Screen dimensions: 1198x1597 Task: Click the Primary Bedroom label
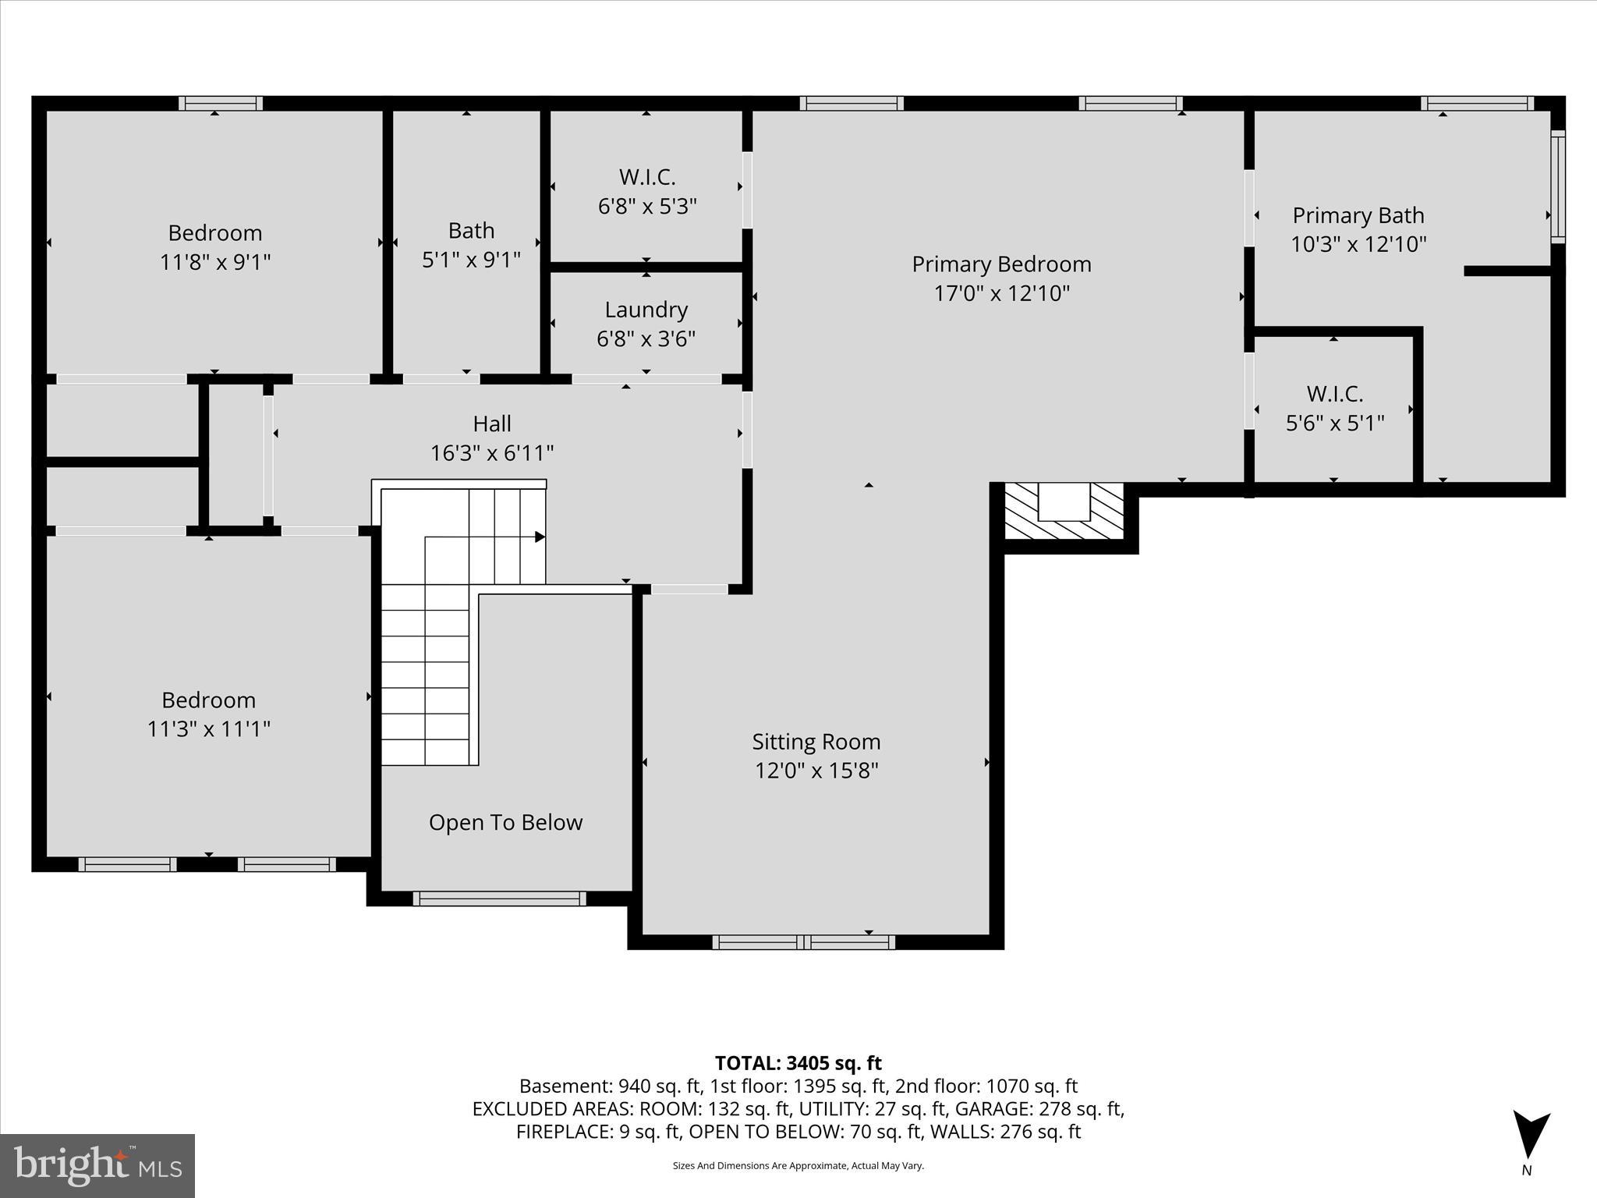click(x=1001, y=264)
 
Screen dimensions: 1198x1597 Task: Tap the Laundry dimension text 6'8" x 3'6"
click(x=646, y=339)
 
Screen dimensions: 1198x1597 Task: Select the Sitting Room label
click(x=816, y=742)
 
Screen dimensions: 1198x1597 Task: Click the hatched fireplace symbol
click(x=1064, y=512)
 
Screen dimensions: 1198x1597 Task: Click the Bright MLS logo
click(x=97, y=1165)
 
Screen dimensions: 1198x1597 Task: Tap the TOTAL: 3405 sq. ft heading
click(x=798, y=1063)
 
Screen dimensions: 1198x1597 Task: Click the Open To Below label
click(x=505, y=823)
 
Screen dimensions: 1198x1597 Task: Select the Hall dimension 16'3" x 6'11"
click(x=492, y=453)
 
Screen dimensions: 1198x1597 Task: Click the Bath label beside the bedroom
click(x=471, y=231)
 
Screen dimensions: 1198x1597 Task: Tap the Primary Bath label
click(x=1358, y=215)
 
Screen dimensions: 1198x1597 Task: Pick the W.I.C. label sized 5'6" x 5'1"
click(x=1334, y=393)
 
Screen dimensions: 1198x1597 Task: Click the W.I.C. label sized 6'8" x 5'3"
click(x=646, y=177)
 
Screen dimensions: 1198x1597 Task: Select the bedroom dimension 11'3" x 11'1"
click(x=208, y=729)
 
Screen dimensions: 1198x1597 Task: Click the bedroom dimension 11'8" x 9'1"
click(x=214, y=262)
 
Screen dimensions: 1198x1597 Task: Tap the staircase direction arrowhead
click(x=539, y=537)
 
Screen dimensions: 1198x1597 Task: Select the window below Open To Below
click(x=499, y=898)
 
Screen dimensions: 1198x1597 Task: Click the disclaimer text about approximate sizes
click(x=798, y=1165)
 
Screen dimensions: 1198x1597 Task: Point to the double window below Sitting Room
click(x=804, y=942)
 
